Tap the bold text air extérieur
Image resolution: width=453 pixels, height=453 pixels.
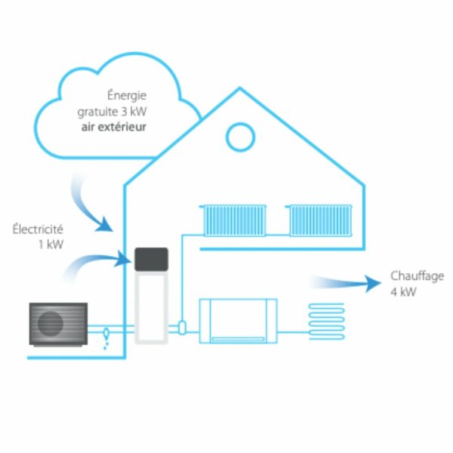(x=114, y=126)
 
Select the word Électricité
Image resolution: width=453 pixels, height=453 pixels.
(x=38, y=229)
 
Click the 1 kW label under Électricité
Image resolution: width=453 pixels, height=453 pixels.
(x=50, y=244)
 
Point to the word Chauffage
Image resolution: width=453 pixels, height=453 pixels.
(x=417, y=276)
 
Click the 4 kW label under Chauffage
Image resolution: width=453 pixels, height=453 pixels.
(x=403, y=291)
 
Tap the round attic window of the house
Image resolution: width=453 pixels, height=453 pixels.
(x=240, y=137)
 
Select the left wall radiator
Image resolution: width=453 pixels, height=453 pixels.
(x=235, y=219)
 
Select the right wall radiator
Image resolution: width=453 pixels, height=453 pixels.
(x=321, y=219)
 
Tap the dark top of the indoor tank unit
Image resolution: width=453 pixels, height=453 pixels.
(x=151, y=260)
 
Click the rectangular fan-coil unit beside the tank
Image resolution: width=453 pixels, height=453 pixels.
(x=238, y=321)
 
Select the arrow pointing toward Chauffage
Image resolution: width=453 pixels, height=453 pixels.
(x=347, y=283)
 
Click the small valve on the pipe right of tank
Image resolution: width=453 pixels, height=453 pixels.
(x=183, y=326)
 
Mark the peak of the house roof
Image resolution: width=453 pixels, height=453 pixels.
(x=240, y=88)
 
